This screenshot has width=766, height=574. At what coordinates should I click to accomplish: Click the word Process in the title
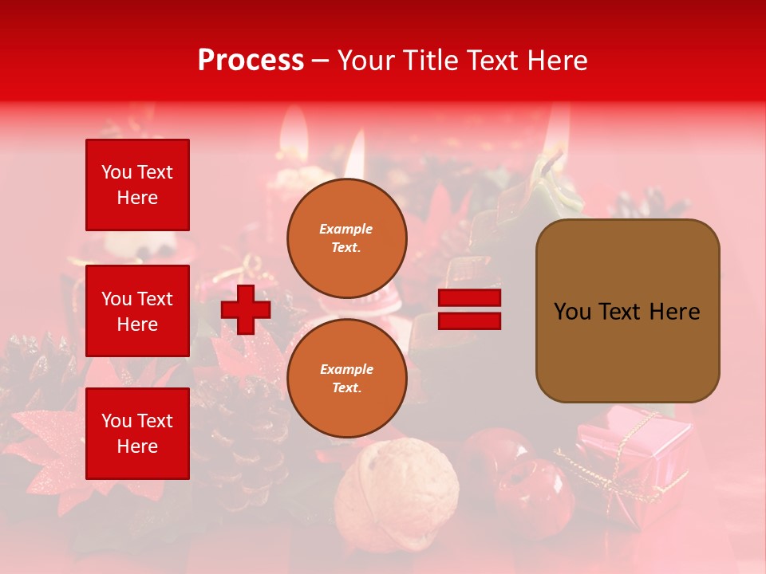[251, 60]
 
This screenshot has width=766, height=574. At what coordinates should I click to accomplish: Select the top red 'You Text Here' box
[137, 185]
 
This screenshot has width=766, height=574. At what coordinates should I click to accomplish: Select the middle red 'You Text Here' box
[137, 311]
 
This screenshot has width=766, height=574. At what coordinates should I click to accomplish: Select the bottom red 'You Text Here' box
[137, 434]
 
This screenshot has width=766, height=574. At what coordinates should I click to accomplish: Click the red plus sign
[246, 309]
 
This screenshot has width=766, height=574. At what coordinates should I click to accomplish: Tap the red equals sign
[469, 309]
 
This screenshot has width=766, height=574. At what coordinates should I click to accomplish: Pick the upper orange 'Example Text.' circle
[346, 238]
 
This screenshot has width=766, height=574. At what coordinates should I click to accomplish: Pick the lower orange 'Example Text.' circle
[346, 378]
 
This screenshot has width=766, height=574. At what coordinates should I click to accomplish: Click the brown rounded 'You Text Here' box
[627, 311]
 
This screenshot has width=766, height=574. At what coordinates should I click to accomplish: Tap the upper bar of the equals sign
[469, 298]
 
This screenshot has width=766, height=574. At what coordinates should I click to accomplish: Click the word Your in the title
[366, 60]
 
